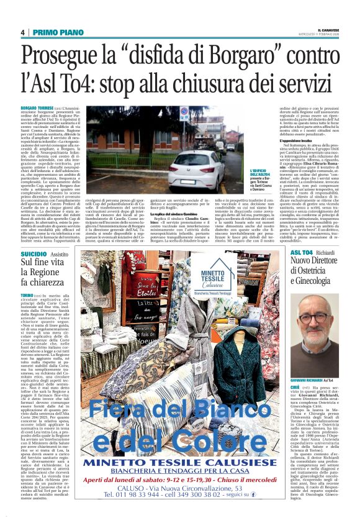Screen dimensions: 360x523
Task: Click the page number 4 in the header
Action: [22, 32]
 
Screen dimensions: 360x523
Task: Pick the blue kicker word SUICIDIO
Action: [34, 255]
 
